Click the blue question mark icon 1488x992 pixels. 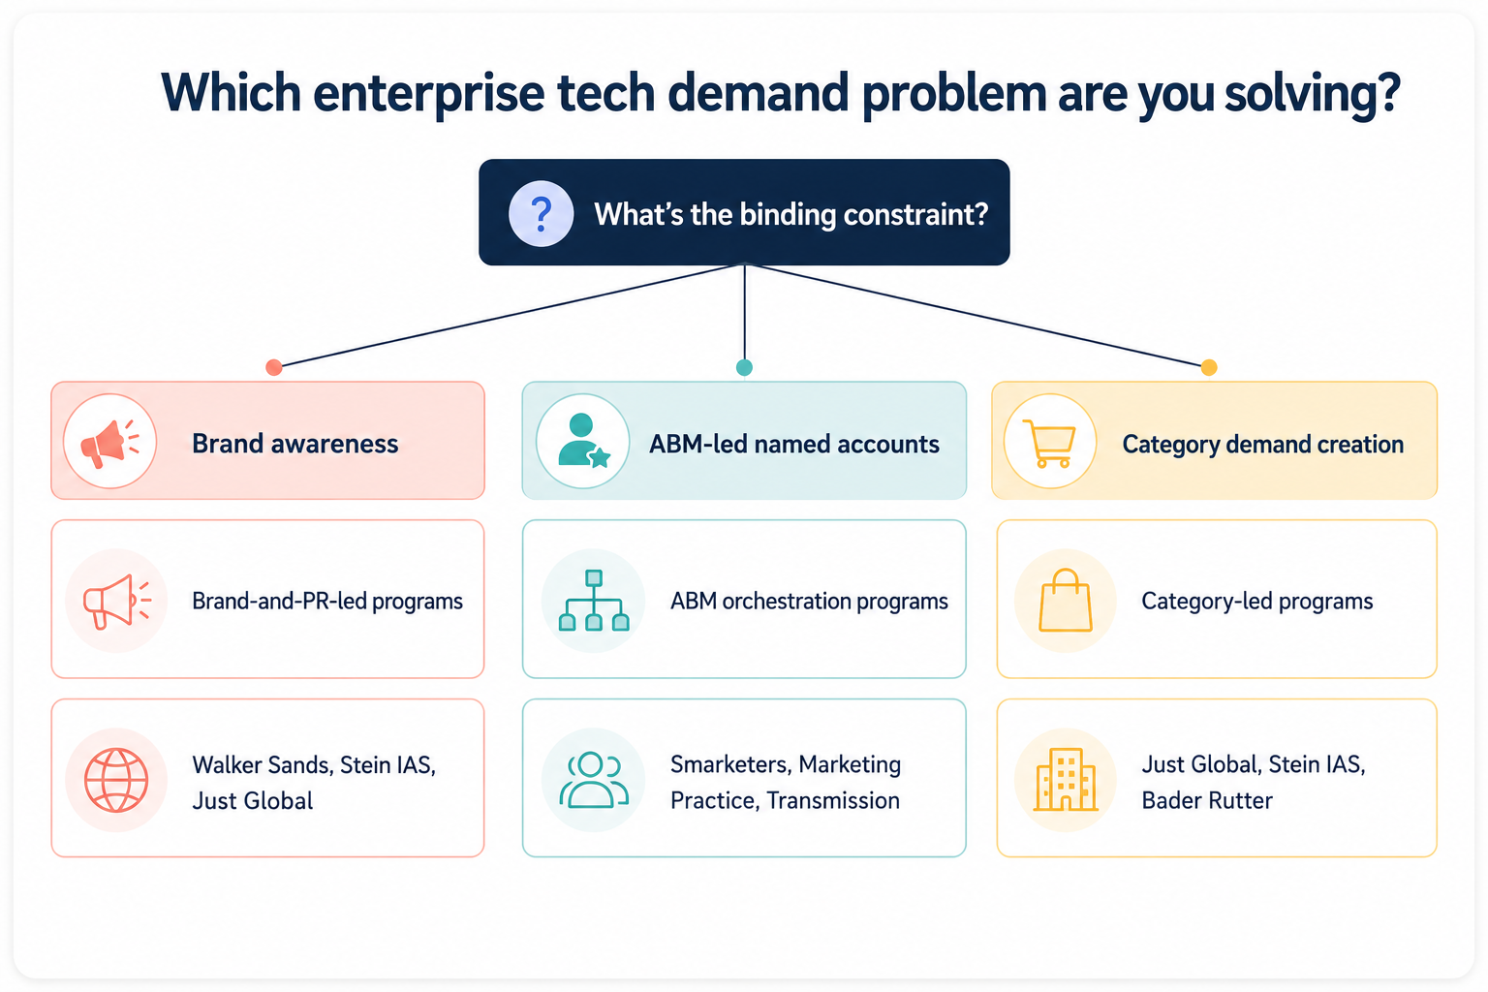[542, 214]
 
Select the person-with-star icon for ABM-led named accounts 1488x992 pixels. [583, 441]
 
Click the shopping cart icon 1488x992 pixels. [1049, 443]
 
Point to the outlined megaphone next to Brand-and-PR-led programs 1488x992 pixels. [117, 601]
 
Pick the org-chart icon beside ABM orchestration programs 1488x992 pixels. [594, 600]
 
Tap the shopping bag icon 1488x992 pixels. [1066, 600]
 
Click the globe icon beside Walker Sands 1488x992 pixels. [116, 780]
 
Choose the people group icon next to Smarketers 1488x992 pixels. [593, 780]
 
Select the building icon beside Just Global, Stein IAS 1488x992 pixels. [1066, 780]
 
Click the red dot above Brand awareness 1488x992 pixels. [274, 367]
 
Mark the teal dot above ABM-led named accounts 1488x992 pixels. [744, 367]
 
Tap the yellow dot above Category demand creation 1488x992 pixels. [1209, 367]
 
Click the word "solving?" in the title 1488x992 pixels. [1313, 93]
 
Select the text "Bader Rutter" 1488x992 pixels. [1207, 800]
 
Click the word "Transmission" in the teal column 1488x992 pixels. [833, 800]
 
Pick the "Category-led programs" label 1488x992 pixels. [1256, 601]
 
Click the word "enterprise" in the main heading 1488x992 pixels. [428, 93]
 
